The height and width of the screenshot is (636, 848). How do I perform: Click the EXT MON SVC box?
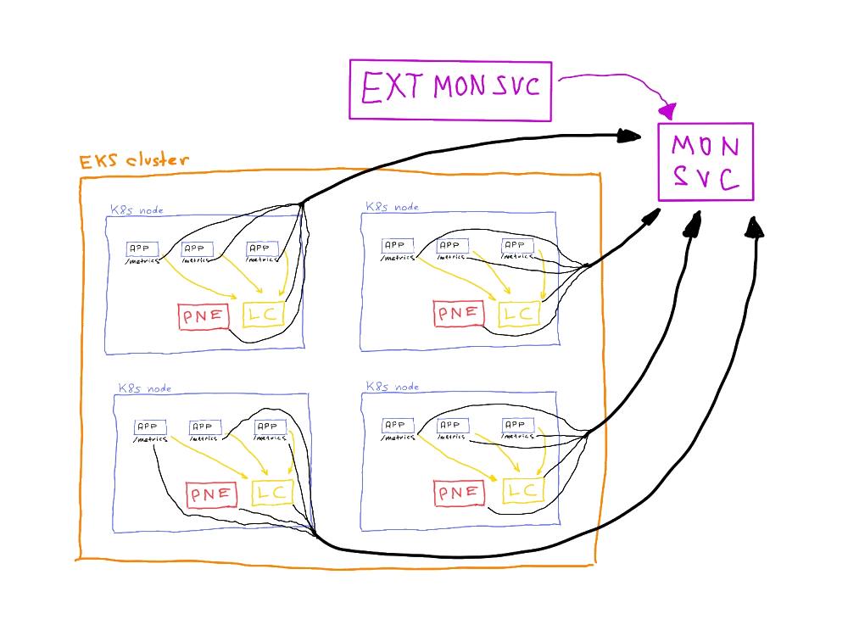click(x=450, y=87)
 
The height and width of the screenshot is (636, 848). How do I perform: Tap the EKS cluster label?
click(x=134, y=161)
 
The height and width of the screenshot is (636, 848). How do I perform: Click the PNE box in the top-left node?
click(x=204, y=316)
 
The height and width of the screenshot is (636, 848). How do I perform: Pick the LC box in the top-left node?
click(x=261, y=315)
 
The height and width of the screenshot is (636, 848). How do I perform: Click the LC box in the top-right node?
click(x=518, y=313)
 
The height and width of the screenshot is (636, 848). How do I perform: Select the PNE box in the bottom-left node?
click(x=211, y=493)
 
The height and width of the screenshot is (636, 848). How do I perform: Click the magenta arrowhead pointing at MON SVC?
click(x=669, y=111)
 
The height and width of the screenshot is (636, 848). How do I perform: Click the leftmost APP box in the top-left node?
click(x=142, y=248)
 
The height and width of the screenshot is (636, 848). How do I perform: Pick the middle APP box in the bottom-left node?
click(x=204, y=427)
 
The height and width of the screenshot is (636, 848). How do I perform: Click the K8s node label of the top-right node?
click(x=393, y=206)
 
